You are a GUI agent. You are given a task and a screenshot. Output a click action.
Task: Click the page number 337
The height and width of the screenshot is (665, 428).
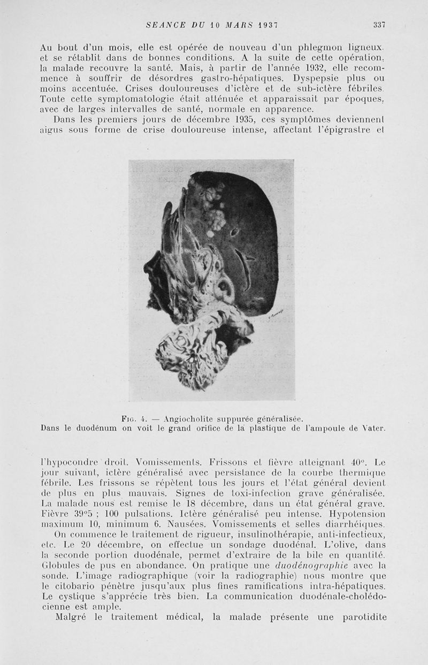pos(379,25)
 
